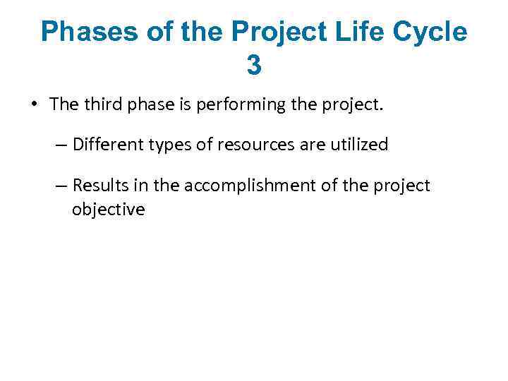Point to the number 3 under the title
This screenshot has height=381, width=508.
[254, 66]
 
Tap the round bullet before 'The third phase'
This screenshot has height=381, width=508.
[34, 106]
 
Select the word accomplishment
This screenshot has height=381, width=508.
[237, 186]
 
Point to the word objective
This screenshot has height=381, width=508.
[108, 210]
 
